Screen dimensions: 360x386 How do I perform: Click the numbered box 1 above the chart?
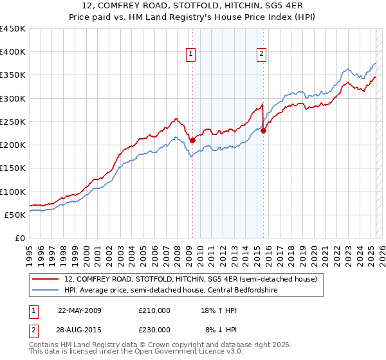coord(192,54)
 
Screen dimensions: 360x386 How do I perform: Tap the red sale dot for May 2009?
coord(192,140)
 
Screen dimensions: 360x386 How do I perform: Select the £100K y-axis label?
coord(13,192)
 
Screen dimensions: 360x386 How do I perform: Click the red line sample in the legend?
coord(46,280)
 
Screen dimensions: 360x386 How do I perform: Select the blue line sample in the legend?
coord(46,291)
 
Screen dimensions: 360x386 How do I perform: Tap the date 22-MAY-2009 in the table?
coord(80,310)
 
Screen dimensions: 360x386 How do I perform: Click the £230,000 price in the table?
coord(154,329)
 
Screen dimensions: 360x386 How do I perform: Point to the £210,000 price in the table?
coord(154,310)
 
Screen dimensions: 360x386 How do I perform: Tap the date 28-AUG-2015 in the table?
coord(80,329)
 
